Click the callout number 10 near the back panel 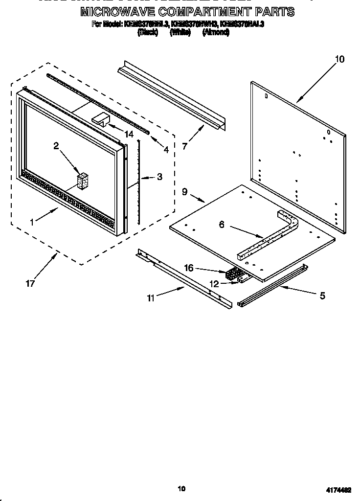pos(339,59)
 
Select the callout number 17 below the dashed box pos(30,283)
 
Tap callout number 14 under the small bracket pos(129,134)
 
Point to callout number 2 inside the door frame pos(56,145)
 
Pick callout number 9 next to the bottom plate pos(185,192)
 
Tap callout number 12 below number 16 pos(213,282)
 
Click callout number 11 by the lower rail pos(151,297)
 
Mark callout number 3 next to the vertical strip pos(159,177)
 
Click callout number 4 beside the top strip pos(166,150)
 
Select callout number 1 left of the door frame pos(32,222)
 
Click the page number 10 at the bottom pos(181,488)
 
